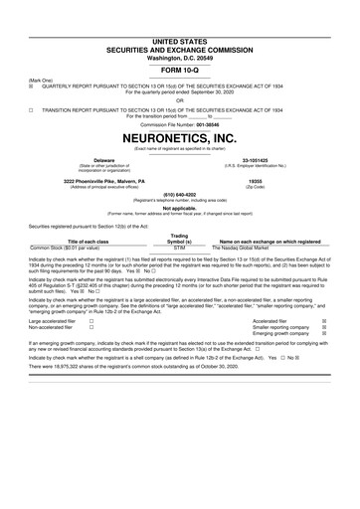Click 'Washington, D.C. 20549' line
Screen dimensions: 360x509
pyautogui.click(x=180, y=29)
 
